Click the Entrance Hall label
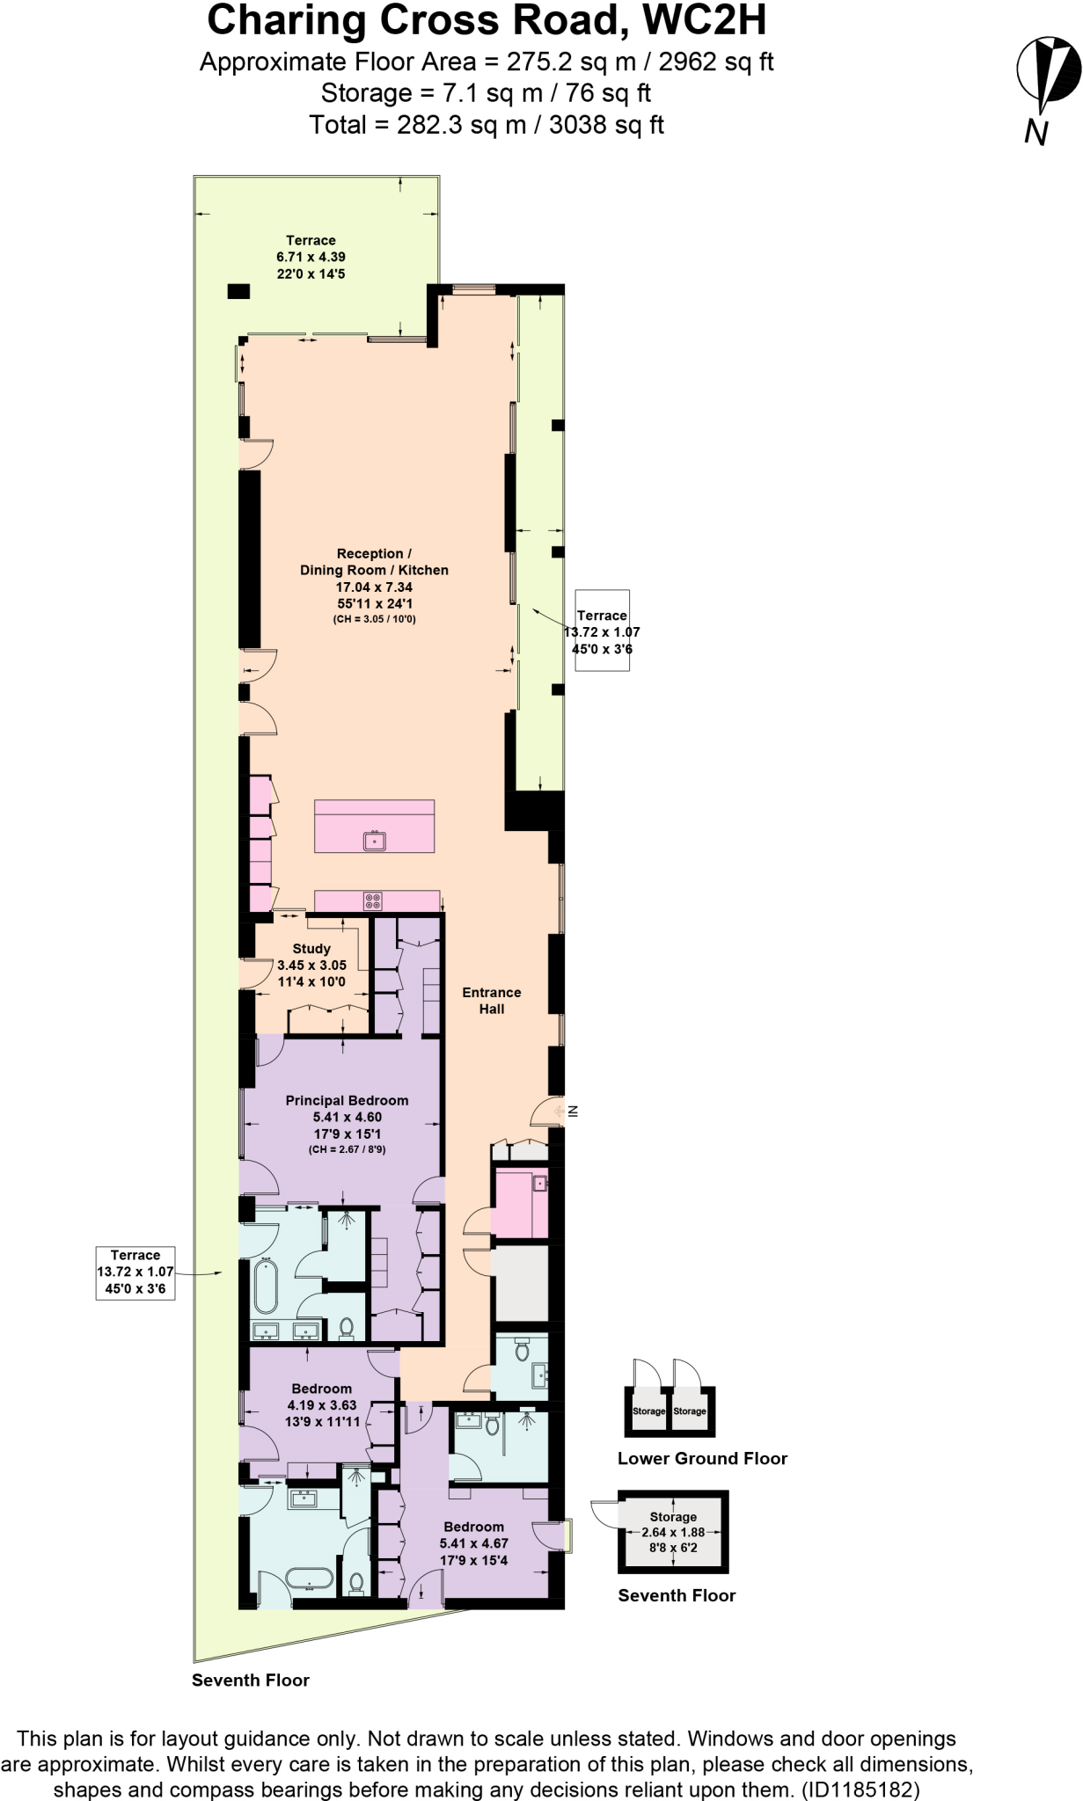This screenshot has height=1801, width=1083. click(x=492, y=1001)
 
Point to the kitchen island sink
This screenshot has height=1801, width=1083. click(x=375, y=841)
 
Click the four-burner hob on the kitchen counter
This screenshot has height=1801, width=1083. click(x=373, y=900)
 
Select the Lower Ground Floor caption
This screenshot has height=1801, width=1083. click(x=702, y=1458)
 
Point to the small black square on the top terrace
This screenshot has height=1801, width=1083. click(x=238, y=291)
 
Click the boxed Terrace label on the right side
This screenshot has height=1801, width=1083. click(x=602, y=631)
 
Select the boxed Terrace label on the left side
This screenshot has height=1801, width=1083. click(x=135, y=1272)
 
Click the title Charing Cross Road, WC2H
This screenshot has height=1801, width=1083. click(x=487, y=21)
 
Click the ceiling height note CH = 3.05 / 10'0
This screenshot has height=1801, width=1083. click(x=374, y=620)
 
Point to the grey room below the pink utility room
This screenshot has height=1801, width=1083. click(x=520, y=1283)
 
